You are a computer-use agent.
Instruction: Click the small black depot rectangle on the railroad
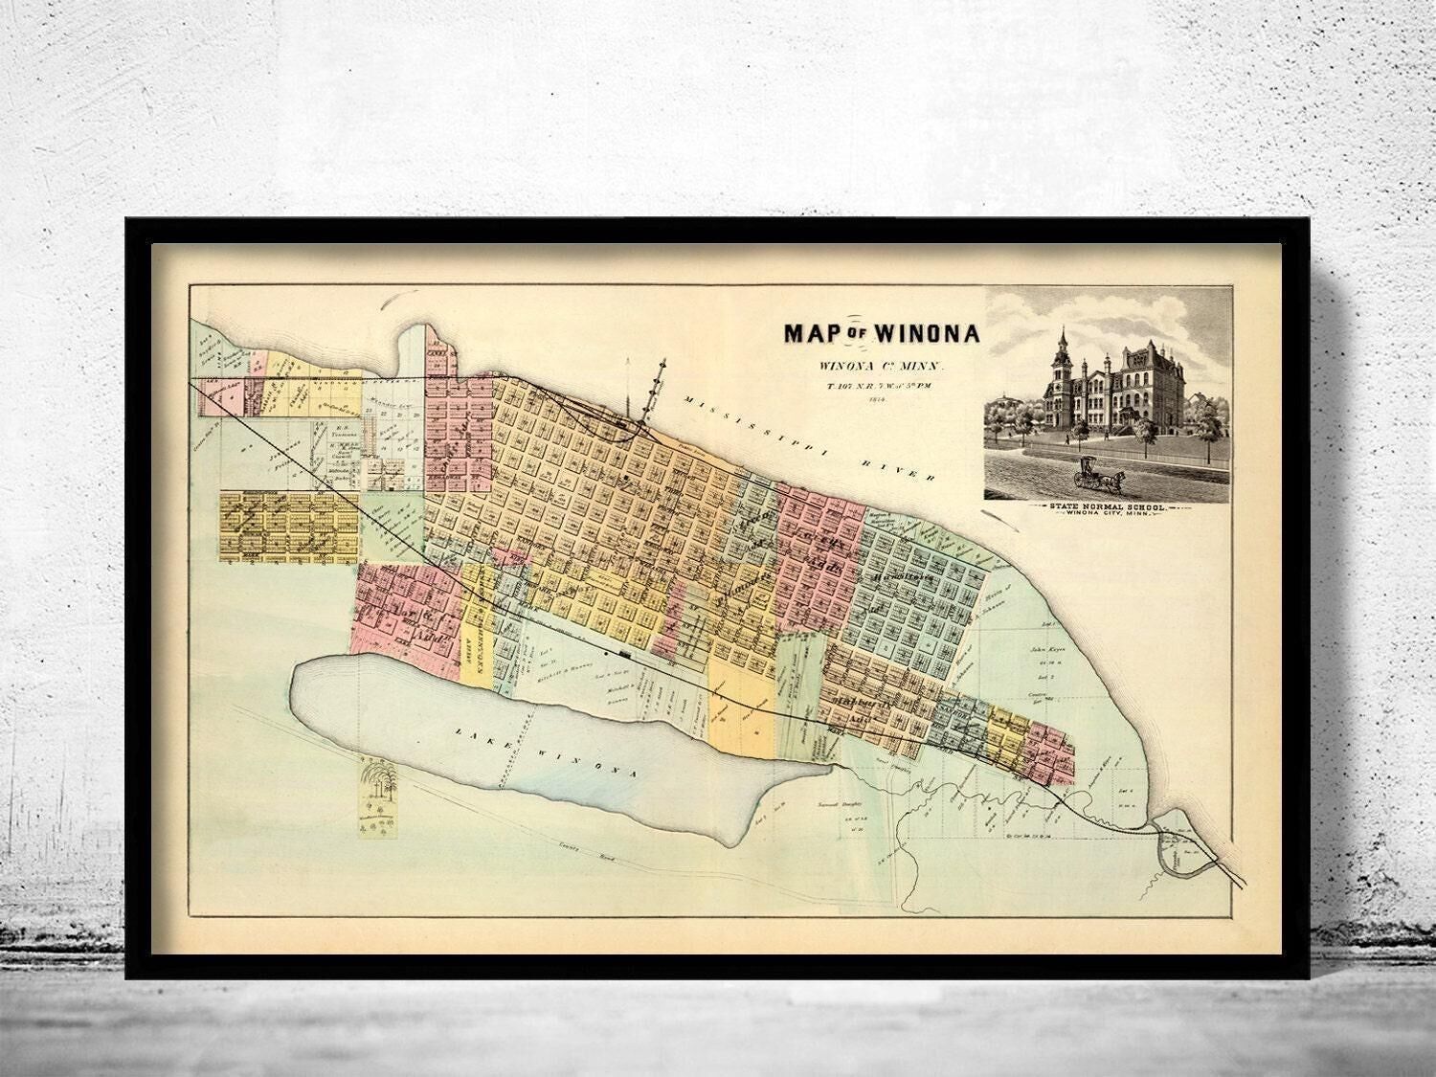pyautogui.click(x=623, y=654)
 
